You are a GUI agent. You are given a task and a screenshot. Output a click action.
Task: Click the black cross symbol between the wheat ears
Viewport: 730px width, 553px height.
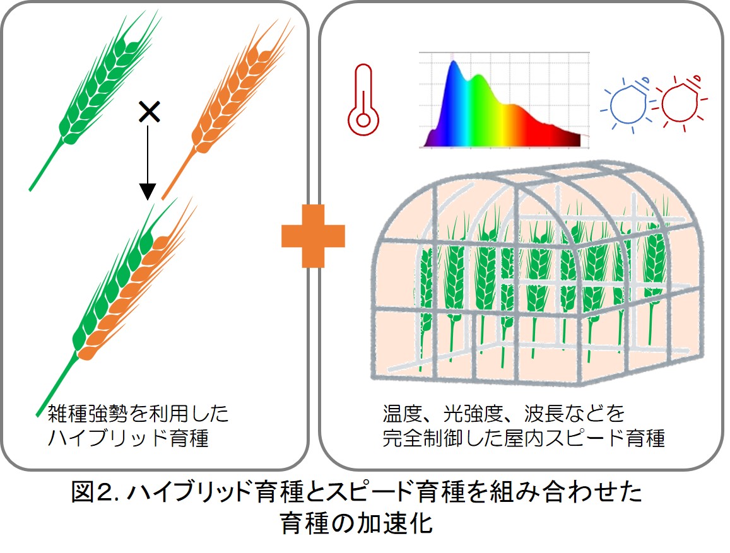pos(150,112)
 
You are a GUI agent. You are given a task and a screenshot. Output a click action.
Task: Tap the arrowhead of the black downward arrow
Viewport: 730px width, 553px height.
pos(148,191)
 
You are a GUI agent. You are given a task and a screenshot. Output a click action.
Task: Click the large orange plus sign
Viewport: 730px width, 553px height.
pos(313,236)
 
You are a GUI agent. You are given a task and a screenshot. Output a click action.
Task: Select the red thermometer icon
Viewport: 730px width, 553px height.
pos(363,100)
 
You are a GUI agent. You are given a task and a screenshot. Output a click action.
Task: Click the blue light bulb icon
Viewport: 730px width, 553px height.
pos(627,104)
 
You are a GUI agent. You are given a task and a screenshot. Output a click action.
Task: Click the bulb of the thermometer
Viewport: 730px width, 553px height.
pos(363,120)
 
